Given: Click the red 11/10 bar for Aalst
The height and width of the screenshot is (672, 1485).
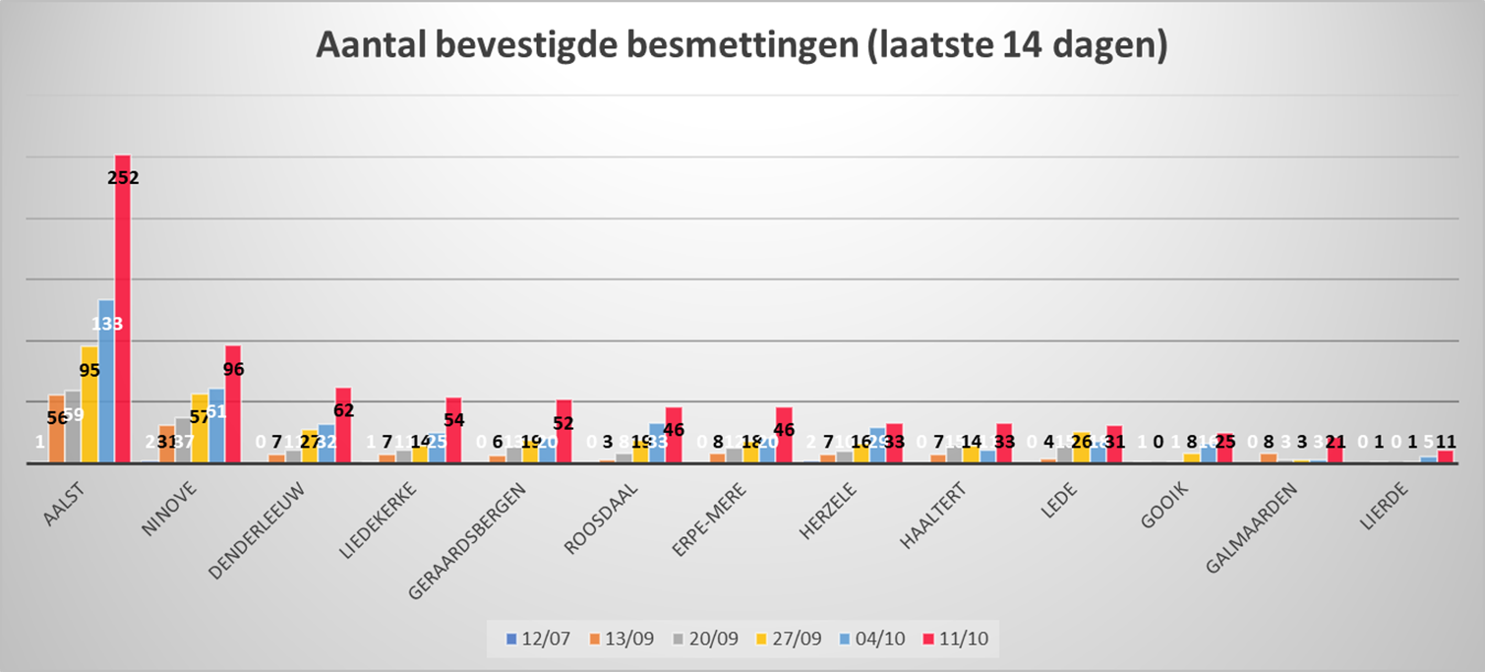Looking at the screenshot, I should [123, 315].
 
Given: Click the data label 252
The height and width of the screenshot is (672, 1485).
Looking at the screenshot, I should [123, 178].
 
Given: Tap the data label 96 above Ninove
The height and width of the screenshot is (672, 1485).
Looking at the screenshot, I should [233, 370].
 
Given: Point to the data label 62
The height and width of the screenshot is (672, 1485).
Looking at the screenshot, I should [343, 410].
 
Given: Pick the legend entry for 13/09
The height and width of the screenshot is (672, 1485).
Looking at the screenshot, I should [617, 640].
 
